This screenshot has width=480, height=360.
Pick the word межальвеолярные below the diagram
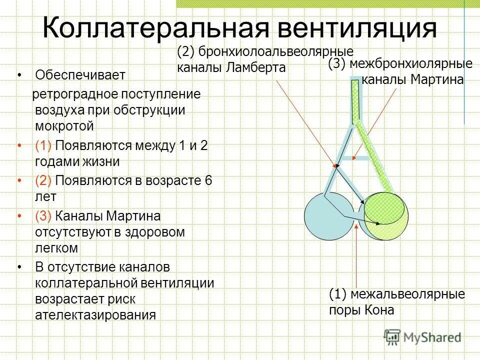click(407, 294)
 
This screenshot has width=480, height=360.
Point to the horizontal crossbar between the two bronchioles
click(359, 158)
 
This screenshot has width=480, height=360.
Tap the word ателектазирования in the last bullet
click(95, 315)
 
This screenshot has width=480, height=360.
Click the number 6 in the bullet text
click(208, 180)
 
